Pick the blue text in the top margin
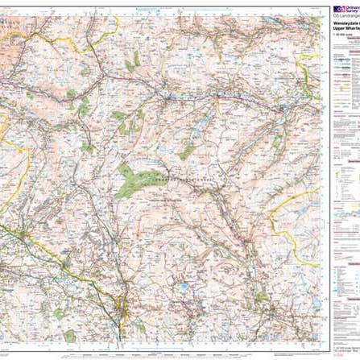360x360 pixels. click(161, 3)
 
